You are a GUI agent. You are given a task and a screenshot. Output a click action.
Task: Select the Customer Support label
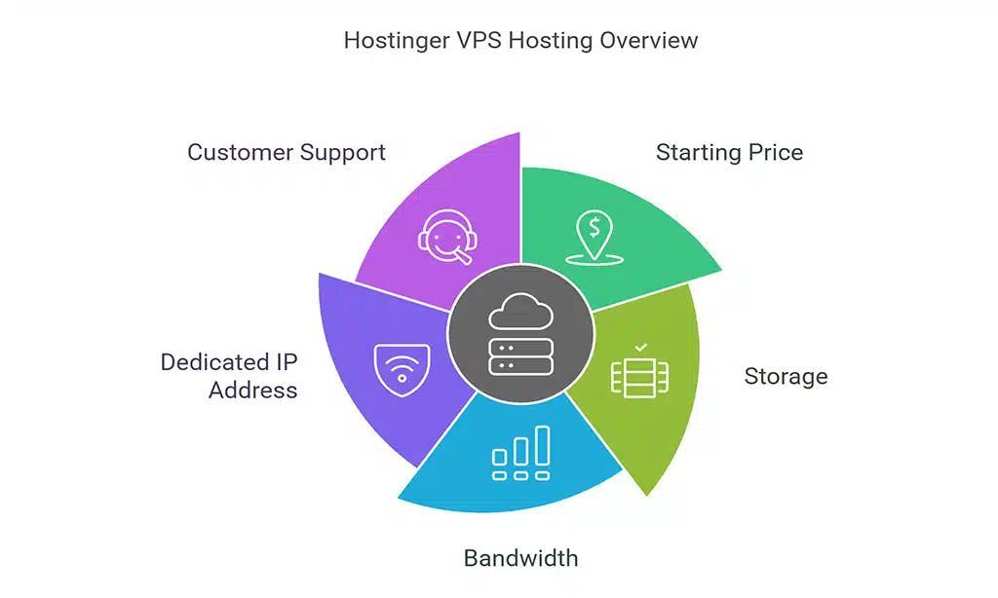[287, 153]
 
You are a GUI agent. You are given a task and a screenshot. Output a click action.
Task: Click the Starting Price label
[729, 153]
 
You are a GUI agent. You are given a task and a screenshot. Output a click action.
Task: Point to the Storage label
[786, 377]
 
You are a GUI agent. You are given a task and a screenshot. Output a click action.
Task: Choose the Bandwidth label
[520, 558]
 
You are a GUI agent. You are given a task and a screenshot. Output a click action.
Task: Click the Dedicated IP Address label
[229, 376]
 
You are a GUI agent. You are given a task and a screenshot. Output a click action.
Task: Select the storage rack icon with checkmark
[639, 375]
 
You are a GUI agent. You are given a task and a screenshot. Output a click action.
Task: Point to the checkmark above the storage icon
[640, 346]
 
